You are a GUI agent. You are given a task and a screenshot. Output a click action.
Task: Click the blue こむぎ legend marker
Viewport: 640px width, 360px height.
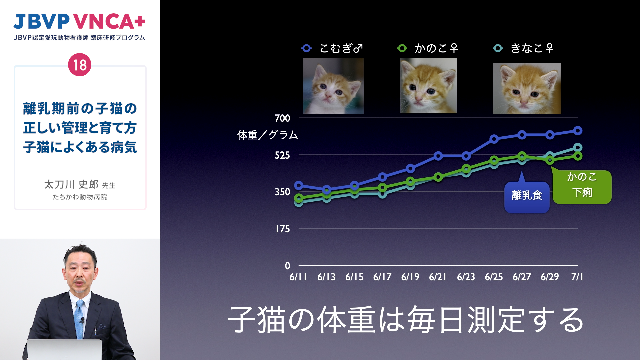307,48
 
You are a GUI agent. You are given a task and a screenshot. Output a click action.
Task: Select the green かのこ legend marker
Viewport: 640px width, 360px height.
402,48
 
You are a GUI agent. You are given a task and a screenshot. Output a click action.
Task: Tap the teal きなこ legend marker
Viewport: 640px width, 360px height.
498,48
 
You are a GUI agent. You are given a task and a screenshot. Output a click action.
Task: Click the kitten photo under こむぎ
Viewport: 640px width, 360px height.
333,86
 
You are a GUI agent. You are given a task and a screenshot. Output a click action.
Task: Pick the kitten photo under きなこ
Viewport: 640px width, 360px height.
527,88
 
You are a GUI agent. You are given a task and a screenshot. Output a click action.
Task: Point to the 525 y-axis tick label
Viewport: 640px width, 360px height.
282,155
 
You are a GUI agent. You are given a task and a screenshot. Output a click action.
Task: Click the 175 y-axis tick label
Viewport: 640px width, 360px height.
283,229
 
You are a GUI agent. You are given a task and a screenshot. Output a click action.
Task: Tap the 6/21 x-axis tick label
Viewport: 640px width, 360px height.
438,277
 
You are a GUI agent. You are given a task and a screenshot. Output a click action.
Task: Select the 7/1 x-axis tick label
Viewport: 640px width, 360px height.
577,277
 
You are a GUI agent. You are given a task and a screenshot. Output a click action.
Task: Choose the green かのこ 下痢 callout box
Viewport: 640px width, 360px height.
582,187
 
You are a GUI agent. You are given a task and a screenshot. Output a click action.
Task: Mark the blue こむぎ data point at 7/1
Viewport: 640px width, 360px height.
578,131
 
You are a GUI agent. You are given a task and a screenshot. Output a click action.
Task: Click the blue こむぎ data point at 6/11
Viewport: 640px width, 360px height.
299,185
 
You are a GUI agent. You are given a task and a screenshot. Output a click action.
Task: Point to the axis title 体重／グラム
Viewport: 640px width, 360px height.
267,135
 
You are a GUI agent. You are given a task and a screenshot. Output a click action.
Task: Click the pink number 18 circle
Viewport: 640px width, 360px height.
80,65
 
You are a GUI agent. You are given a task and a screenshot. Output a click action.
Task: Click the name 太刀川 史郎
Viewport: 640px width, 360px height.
71,184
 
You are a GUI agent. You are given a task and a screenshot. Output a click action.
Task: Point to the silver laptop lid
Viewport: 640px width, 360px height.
64,350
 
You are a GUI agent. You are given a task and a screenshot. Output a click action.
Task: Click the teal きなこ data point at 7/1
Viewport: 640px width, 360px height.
578,147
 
